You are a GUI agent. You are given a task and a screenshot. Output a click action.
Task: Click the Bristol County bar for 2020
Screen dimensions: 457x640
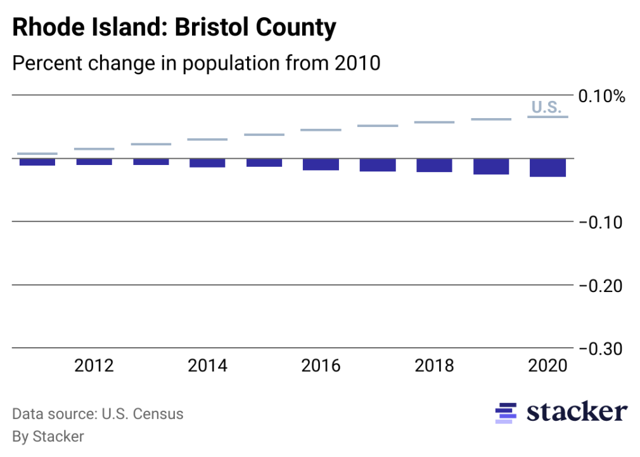[548, 168]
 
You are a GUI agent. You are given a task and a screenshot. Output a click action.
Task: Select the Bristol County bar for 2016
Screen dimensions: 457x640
[321, 164]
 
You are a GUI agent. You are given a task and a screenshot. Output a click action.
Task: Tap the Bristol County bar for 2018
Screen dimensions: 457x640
[434, 165]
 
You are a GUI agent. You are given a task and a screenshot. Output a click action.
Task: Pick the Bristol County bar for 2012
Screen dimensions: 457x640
[94, 162]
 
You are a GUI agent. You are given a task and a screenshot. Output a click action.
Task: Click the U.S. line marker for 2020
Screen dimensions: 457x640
[548, 117]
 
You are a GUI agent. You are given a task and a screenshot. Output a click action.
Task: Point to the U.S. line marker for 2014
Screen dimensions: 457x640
[207, 140]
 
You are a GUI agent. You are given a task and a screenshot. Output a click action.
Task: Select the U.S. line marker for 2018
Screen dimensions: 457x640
[434, 122]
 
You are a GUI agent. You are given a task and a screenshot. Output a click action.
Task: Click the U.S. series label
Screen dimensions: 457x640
[546, 107]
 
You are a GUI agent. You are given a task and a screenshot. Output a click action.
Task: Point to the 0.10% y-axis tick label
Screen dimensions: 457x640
[601, 96]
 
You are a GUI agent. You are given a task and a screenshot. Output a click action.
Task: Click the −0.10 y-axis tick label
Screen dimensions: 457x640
[601, 222]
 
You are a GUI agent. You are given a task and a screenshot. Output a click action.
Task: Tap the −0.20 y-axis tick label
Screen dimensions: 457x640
[601, 286]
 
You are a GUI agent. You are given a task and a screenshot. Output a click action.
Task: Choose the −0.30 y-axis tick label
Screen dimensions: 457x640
[601, 348]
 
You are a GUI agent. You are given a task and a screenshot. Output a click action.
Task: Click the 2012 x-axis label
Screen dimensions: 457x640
[94, 366]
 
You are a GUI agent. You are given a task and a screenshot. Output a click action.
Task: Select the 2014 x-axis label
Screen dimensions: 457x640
[207, 366]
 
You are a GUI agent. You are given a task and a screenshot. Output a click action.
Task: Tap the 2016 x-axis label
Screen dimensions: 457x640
[321, 366]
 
